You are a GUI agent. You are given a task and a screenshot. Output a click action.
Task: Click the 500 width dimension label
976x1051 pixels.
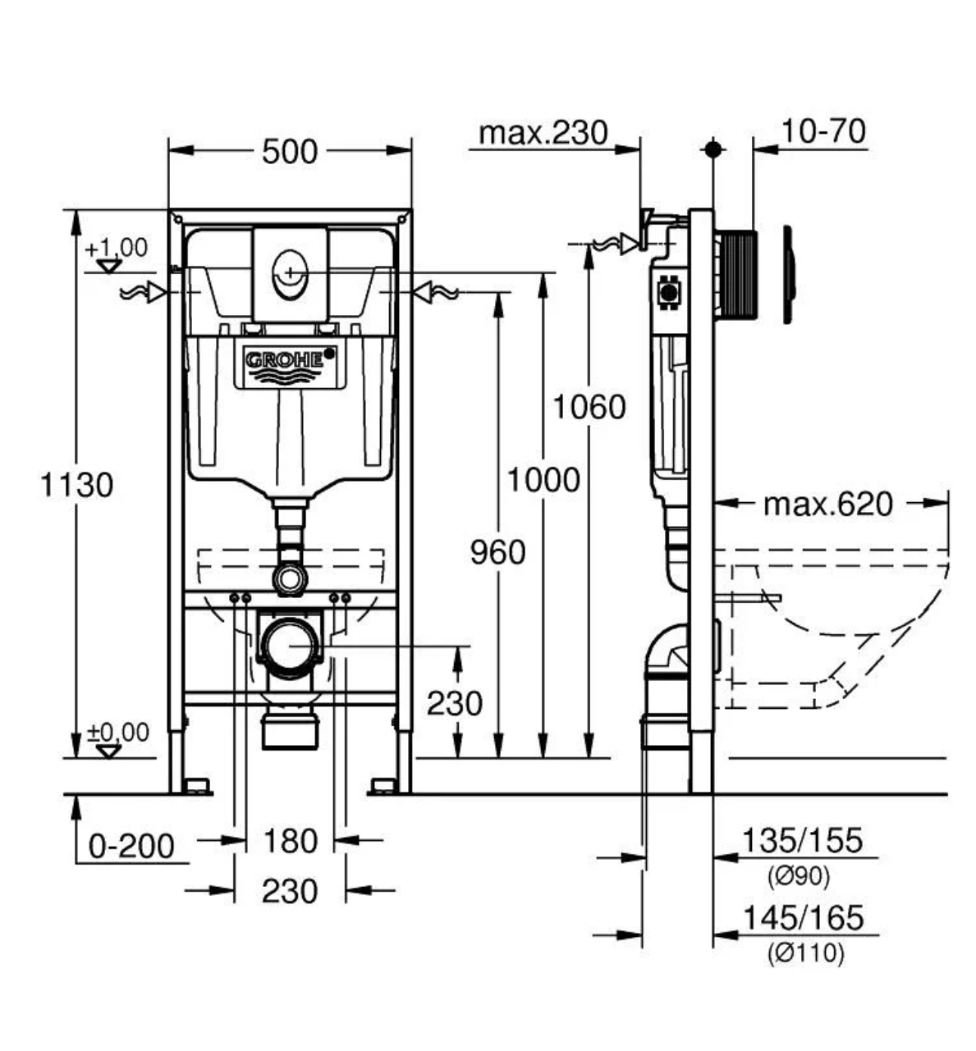(290, 151)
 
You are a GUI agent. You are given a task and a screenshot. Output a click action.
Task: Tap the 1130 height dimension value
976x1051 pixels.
(76, 485)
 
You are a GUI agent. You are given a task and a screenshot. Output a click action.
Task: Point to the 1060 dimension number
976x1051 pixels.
(589, 407)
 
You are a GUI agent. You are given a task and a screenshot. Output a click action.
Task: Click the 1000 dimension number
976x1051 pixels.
(543, 480)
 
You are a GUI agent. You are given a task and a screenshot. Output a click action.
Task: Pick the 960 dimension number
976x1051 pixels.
(497, 553)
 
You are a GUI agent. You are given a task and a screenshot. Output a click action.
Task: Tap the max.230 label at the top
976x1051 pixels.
(543, 133)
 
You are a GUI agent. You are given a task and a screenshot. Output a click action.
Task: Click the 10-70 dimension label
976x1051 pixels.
(822, 131)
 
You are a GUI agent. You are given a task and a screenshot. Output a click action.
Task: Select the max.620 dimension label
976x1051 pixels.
(827, 504)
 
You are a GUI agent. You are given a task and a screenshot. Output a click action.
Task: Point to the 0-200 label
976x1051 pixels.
(131, 846)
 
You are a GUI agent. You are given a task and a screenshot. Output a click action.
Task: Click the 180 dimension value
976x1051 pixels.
(290, 841)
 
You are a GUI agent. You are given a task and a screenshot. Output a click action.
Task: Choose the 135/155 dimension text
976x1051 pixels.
(802, 841)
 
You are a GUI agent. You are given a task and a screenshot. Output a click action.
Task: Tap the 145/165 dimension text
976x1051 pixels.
(802, 917)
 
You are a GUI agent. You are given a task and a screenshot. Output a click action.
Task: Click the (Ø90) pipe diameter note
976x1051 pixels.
(799, 876)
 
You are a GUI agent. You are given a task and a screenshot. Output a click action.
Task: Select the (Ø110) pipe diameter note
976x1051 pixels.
(805, 953)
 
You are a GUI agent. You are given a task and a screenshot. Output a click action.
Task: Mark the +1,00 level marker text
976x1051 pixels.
(116, 247)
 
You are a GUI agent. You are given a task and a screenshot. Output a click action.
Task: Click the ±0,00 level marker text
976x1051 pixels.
(118, 732)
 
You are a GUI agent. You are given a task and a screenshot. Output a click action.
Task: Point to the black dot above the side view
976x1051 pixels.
(713, 149)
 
